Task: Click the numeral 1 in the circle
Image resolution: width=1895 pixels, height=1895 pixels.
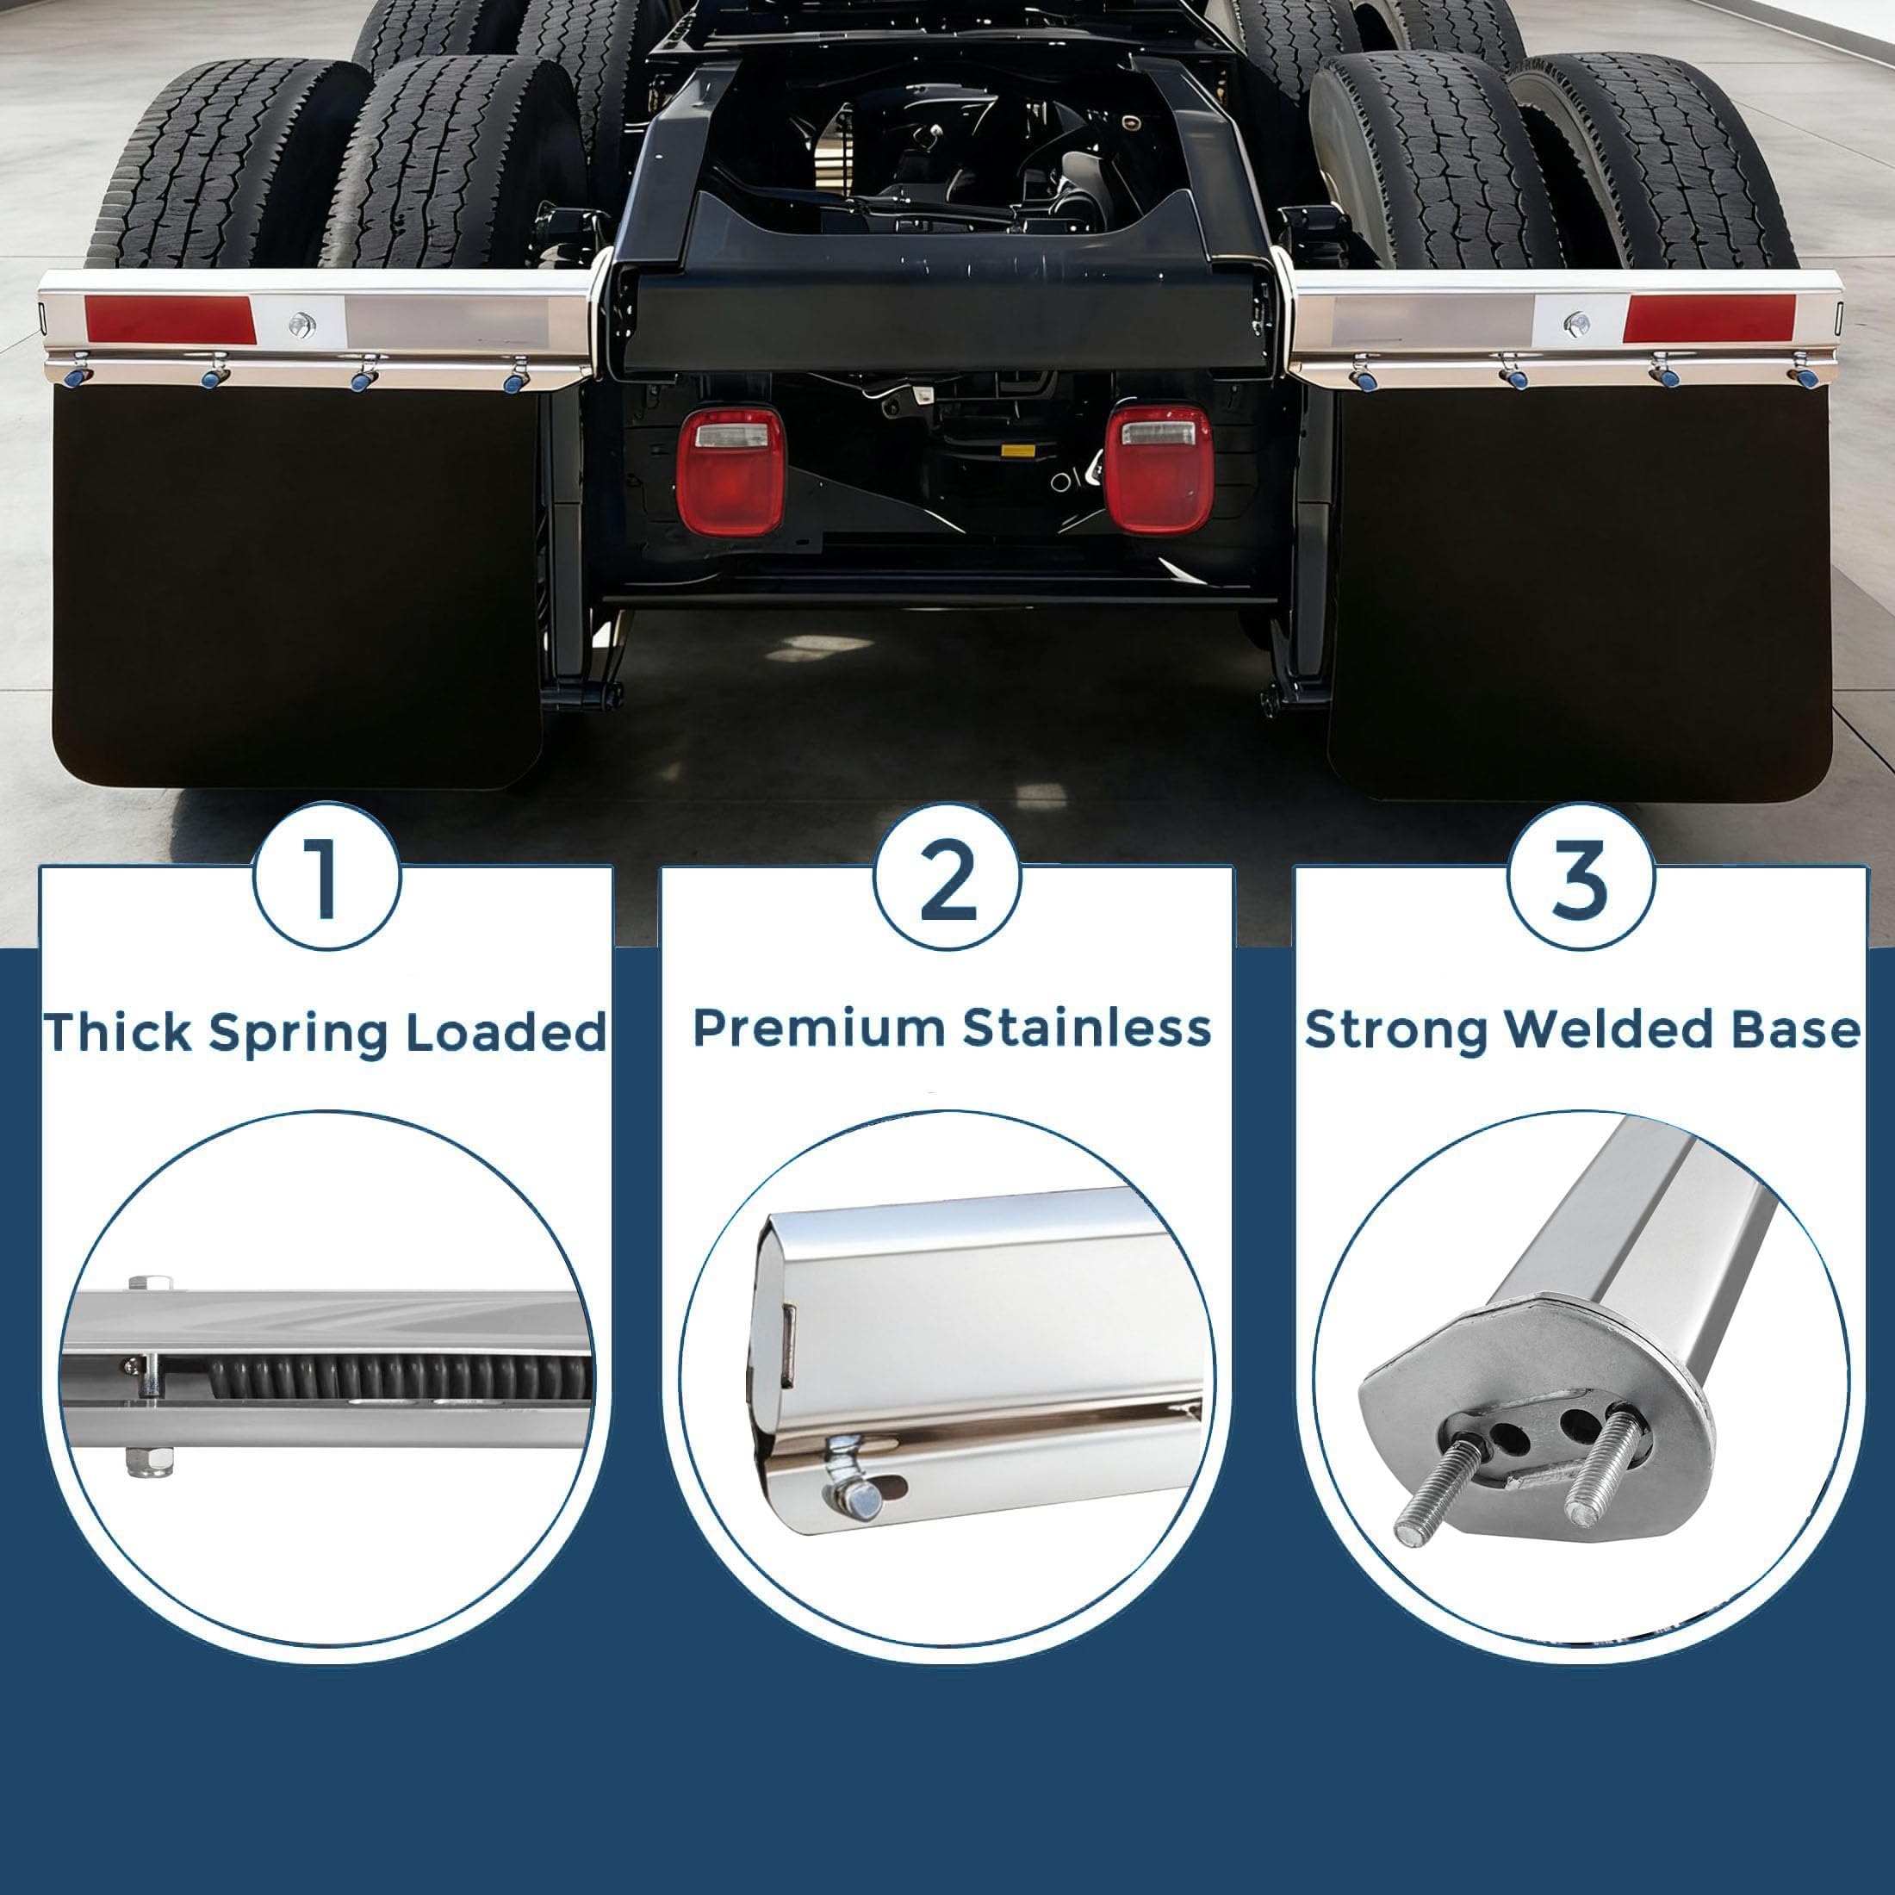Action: [326, 879]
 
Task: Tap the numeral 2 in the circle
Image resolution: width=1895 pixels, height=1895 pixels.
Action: [947, 879]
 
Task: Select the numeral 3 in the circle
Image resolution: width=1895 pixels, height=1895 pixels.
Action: [1580, 879]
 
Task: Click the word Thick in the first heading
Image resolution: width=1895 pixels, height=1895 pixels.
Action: [117, 1032]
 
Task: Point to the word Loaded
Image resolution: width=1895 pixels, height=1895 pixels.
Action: [506, 1033]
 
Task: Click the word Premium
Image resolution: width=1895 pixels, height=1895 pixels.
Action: [820, 1028]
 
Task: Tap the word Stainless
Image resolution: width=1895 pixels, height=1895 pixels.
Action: [1087, 1028]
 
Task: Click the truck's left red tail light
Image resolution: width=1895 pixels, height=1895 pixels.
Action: [730, 471]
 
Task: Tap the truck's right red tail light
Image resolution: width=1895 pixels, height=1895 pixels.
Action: [1158, 469]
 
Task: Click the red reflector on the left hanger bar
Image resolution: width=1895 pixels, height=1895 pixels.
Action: [170, 319]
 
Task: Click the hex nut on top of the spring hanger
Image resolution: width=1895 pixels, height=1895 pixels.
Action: [151, 1283]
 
